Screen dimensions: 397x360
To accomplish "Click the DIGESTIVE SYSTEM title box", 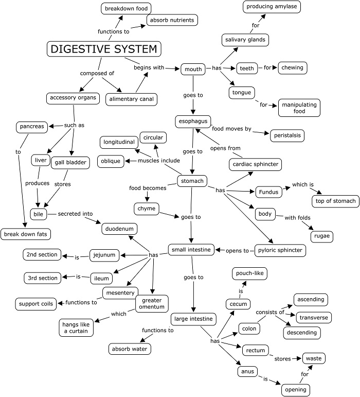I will coord(104,49).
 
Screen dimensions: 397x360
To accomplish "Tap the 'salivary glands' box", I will coord(245,39).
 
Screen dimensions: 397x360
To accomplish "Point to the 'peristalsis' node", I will coord(286,135).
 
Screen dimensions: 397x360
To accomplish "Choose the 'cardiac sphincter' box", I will coord(256,165).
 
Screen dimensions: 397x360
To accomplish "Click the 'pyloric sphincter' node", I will coord(280,251).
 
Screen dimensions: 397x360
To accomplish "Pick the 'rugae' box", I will coord(321,236).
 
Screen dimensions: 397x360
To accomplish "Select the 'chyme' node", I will coord(146,209).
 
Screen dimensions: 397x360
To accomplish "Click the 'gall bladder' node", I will coord(70,163).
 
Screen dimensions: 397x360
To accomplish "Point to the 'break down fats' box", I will coord(26,234).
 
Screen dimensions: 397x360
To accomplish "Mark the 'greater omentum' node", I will coord(152,304).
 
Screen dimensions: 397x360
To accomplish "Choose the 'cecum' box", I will coord(238,304).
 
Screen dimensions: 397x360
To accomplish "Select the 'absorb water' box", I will coord(129,349).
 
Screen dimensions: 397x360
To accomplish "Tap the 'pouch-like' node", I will coord(249,274).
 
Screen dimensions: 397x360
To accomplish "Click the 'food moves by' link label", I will coord(231,129).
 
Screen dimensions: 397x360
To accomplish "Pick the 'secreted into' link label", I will coord(75,214).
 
